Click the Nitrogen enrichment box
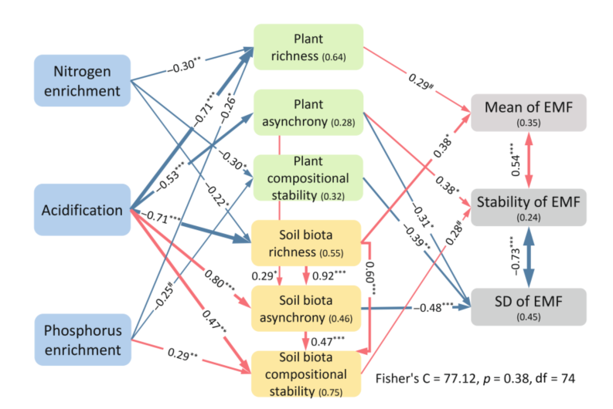82,80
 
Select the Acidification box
82,210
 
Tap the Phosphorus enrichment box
82,340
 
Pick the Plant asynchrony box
308,112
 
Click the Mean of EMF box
529,113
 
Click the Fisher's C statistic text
474,379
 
